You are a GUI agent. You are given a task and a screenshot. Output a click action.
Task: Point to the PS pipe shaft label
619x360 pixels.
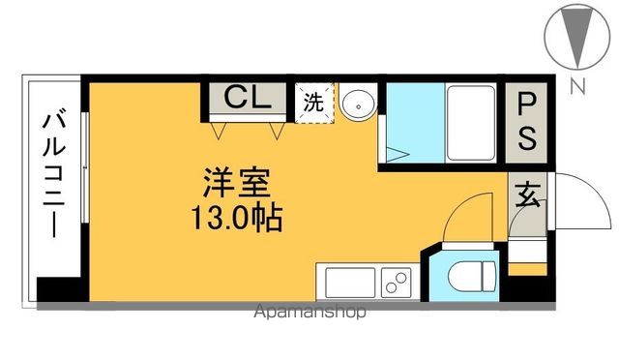coord(528,120)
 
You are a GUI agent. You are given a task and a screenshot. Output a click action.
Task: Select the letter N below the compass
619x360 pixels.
coord(577,87)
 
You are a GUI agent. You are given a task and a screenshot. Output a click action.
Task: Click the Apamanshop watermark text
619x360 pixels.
coord(310,313)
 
